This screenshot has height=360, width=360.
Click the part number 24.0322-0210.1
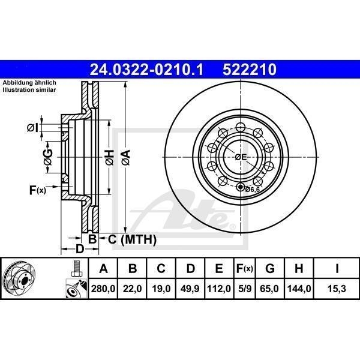(146, 70)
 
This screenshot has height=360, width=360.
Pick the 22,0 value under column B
(133, 289)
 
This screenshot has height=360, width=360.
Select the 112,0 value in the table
(219, 289)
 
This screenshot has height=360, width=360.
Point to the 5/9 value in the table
(244, 289)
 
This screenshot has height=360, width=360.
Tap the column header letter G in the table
(270, 268)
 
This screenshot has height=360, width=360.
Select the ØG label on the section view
(49, 157)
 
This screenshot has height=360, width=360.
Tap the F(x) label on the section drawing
(37, 191)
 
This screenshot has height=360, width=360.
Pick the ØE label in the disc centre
(241, 157)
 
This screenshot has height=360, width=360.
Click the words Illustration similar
(29, 89)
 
